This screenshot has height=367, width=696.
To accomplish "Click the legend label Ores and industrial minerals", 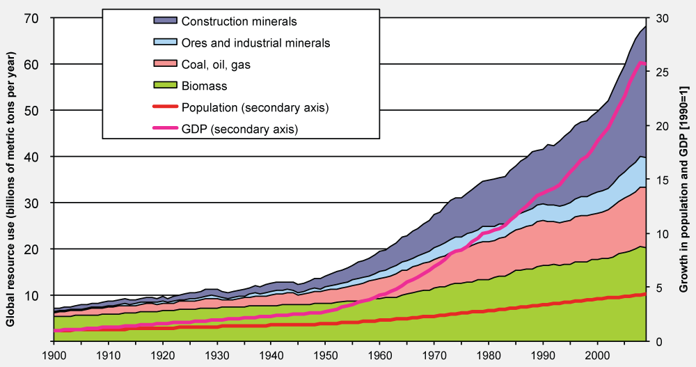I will tap(255, 43).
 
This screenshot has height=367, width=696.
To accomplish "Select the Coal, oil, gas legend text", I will tap(216, 65).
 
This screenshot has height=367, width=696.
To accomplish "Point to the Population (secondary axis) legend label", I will tap(255, 108).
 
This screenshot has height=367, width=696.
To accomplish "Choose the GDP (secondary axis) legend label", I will tap(239, 130).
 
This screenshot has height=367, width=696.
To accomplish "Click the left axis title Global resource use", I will tap(10, 180).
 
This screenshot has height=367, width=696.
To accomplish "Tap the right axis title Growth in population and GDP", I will tap(685, 180).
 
